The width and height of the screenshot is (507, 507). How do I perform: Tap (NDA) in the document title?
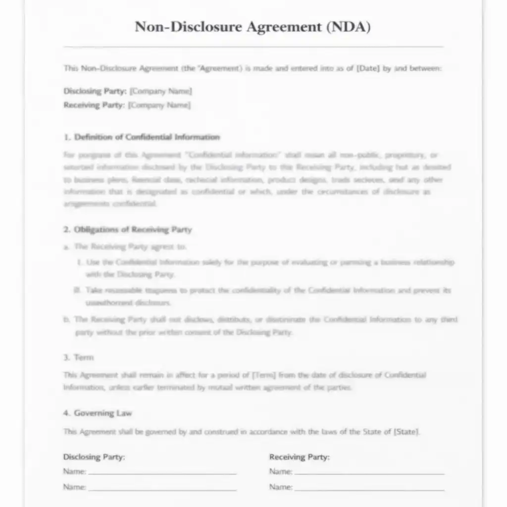[x=348, y=27]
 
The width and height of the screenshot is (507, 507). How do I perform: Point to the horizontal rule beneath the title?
[x=253, y=47]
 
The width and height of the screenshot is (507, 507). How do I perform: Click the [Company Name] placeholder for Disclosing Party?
[x=160, y=91]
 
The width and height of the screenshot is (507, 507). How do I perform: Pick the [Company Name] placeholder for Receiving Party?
[x=159, y=105]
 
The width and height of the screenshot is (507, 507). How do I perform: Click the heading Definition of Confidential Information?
[x=147, y=137]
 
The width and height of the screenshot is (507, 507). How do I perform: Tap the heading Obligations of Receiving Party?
[x=133, y=230]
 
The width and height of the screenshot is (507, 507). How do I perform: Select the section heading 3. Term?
[x=79, y=357]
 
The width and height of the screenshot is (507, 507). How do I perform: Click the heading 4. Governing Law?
[x=98, y=413]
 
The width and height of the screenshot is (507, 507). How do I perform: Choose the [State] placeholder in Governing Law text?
[x=406, y=432]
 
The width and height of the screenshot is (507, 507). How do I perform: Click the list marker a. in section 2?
[x=66, y=247]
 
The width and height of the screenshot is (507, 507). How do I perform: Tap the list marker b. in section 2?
[x=66, y=319]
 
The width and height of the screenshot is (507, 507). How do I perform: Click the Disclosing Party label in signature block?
[x=94, y=456]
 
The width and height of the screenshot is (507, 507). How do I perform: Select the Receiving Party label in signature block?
[x=299, y=456]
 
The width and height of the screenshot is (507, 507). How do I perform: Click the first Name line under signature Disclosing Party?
[x=162, y=473]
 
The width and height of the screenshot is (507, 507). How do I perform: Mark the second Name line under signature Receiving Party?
[x=369, y=489]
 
